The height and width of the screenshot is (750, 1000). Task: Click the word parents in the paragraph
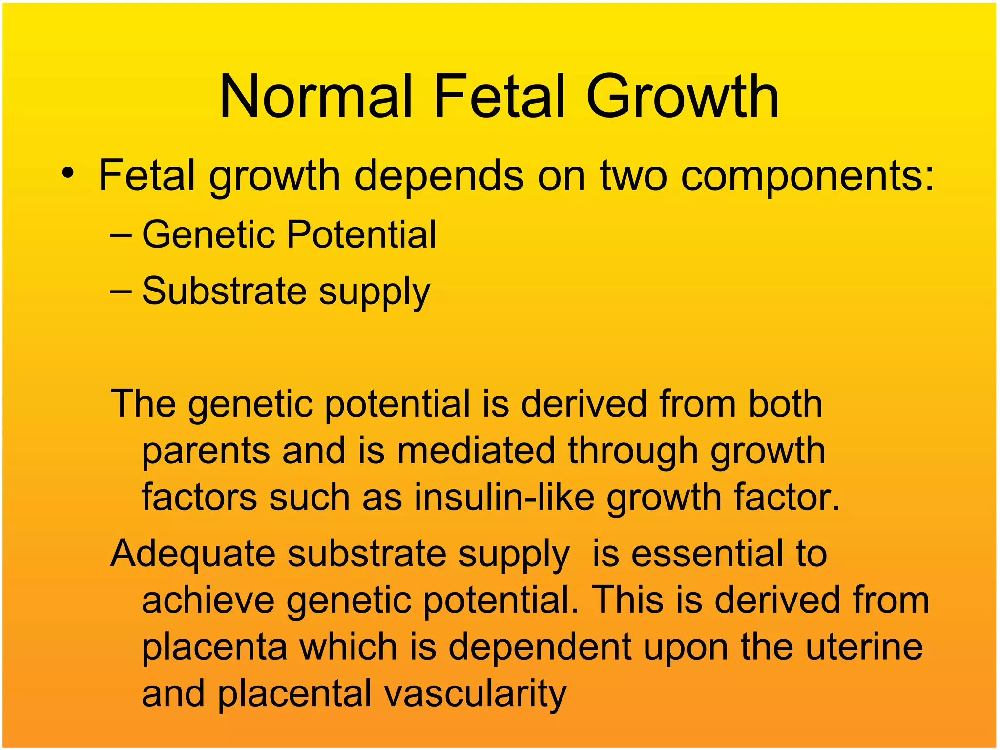pyautogui.click(x=206, y=452)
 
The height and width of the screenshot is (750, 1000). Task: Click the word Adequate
pyautogui.click(x=193, y=555)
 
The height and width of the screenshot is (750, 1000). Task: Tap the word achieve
pyautogui.click(x=208, y=600)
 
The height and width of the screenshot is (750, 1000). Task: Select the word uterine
pyautogui.click(x=864, y=646)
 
